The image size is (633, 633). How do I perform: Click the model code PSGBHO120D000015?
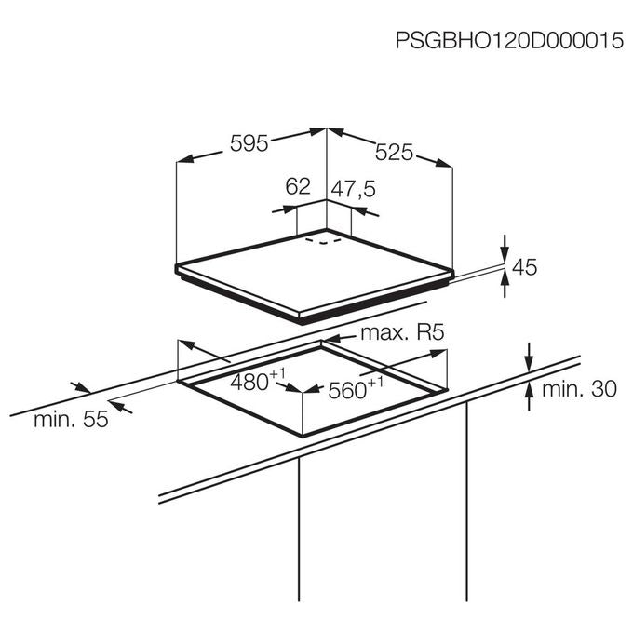[509, 40]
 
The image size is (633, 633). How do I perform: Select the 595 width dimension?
[249, 143]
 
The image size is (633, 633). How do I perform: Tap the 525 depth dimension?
[394, 152]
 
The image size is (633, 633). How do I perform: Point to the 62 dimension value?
[298, 186]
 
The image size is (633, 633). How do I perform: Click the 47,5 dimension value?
[354, 189]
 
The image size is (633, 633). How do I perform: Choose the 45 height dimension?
[525, 267]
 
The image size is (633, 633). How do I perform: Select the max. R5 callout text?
[402, 332]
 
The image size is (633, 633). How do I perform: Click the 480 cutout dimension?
[258, 381]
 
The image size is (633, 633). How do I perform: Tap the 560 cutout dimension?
[356, 389]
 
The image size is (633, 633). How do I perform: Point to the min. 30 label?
[579, 389]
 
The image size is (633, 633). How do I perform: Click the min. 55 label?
[71, 420]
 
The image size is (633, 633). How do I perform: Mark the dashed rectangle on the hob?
[323, 241]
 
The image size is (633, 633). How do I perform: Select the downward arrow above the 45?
[505, 248]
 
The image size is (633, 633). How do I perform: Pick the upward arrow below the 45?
[505, 284]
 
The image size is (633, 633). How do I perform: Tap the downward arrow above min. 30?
[530, 356]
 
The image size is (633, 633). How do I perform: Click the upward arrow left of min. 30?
[530, 397]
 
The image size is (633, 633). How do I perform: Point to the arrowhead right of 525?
[444, 163]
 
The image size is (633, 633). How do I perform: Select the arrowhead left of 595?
[185, 158]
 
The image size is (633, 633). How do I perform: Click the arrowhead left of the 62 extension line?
[289, 209]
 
